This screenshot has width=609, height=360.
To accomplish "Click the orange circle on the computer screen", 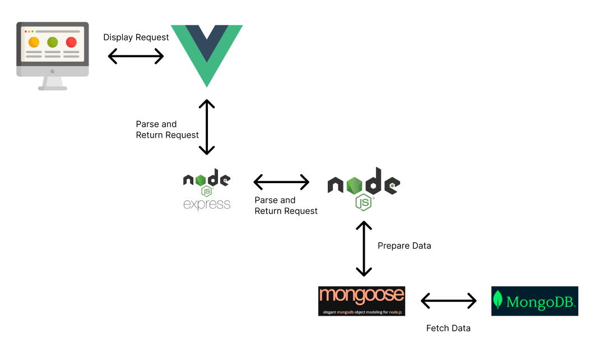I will point(34,42).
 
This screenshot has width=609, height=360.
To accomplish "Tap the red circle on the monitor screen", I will point(71,42).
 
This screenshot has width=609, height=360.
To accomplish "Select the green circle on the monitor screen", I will point(53,42).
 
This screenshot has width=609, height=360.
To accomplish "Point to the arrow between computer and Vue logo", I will point(136,56).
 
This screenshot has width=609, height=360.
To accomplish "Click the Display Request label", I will point(136,38).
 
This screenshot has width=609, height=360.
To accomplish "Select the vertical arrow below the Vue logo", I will point(207,127).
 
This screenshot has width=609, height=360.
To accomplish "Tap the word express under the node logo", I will point(207,204).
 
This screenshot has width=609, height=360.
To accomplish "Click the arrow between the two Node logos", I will point(281,182).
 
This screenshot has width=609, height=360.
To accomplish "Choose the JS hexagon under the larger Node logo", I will point(364,202).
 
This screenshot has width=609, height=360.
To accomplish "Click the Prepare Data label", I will point(404,246).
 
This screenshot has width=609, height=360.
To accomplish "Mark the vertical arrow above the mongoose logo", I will point(364,249).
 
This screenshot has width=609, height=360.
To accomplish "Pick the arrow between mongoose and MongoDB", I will point(448,301).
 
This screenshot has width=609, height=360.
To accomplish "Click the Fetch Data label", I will point(448,328).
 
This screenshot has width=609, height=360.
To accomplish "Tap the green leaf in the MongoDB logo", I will point(498,301).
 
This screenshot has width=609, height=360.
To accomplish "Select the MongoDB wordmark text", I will point(541,302).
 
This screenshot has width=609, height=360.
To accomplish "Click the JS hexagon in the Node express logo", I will point(207,191).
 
